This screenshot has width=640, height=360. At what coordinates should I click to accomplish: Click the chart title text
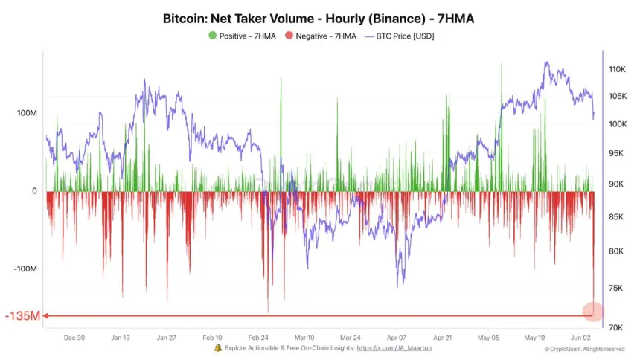click(x=319, y=18)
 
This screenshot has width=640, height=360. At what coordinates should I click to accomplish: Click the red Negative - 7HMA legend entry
click(x=321, y=36)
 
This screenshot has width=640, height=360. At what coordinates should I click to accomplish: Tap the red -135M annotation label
click(x=22, y=316)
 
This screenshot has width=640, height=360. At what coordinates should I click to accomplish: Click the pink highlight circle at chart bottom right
click(x=592, y=313)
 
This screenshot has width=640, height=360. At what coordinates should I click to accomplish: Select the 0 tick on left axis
click(x=34, y=191)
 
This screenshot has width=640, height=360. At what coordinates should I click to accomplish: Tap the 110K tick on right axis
click(x=618, y=69)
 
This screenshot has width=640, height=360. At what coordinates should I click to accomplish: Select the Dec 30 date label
click(x=74, y=337)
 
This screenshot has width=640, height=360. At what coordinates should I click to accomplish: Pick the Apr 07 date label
click(x=397, y=337)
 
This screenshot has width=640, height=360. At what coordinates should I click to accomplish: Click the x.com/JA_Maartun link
click(x=394, y=347)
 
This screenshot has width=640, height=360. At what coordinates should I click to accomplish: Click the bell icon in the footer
click(x=217, y=347)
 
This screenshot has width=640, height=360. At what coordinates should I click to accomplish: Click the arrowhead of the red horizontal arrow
click(x=46, y=316)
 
